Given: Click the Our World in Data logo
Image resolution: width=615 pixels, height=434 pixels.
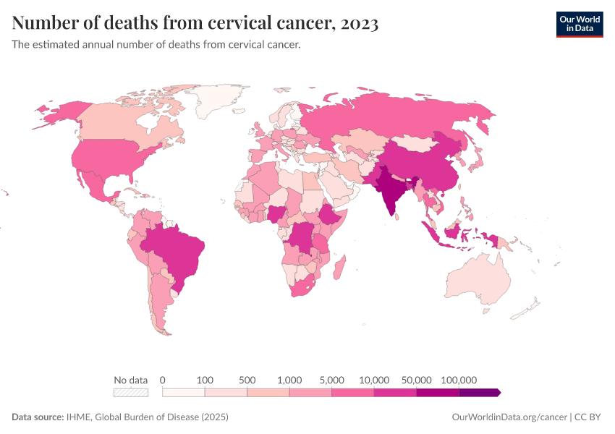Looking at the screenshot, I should (x=579, y=24).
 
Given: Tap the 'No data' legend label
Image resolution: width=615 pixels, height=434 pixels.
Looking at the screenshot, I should (x=130, y=380).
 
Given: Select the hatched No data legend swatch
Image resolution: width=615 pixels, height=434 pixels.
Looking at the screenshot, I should (x=131, y=392).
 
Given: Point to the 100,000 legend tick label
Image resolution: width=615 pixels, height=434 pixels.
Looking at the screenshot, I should (x=459, y=380).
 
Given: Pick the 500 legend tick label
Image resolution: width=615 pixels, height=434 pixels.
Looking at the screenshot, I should (x=247, y=380).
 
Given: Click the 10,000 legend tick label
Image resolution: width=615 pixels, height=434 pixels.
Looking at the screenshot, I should (x=374, y=380).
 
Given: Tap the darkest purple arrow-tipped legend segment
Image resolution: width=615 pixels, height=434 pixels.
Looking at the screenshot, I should (x=480, y=392).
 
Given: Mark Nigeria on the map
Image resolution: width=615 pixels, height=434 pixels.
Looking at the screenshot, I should (x=276, y=213).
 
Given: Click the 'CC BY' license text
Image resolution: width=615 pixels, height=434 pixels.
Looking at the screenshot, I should (x=589, y=417).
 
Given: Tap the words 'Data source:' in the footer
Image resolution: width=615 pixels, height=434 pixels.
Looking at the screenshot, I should (x=38, y=417).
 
